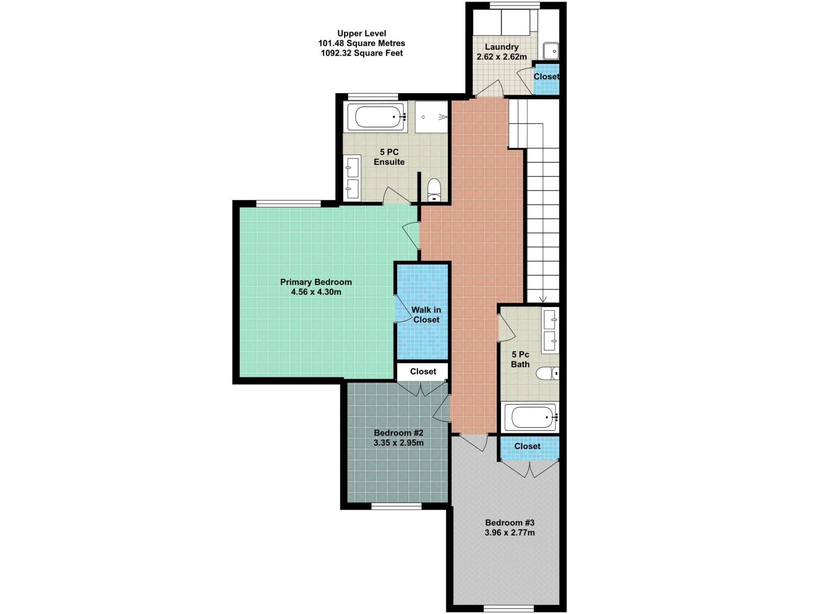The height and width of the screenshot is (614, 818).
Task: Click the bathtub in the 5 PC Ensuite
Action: point(377,117)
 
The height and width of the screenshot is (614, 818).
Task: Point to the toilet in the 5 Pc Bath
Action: point(548,374)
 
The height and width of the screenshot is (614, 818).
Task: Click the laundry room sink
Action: point(551,51)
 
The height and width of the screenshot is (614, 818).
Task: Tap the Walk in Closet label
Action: point(426,315)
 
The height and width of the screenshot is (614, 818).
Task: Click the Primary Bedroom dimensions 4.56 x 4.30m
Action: point(316,292)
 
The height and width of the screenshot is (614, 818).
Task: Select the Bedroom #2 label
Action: point(398,433)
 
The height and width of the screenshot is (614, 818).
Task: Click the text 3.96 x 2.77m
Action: point(510,533)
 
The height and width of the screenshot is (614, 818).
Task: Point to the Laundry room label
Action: point(502,47)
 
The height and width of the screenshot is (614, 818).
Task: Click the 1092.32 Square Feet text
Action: point(361,53)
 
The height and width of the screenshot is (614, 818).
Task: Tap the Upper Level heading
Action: point(361,34)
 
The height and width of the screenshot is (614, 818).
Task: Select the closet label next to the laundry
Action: point(546,77)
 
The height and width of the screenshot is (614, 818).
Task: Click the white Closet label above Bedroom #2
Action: point(423,371)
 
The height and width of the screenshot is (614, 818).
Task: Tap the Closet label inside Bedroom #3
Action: point(527,446)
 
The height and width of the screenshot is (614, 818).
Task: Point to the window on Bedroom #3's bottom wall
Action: point(508,608)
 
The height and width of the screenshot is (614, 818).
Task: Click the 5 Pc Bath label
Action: point(520,359)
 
